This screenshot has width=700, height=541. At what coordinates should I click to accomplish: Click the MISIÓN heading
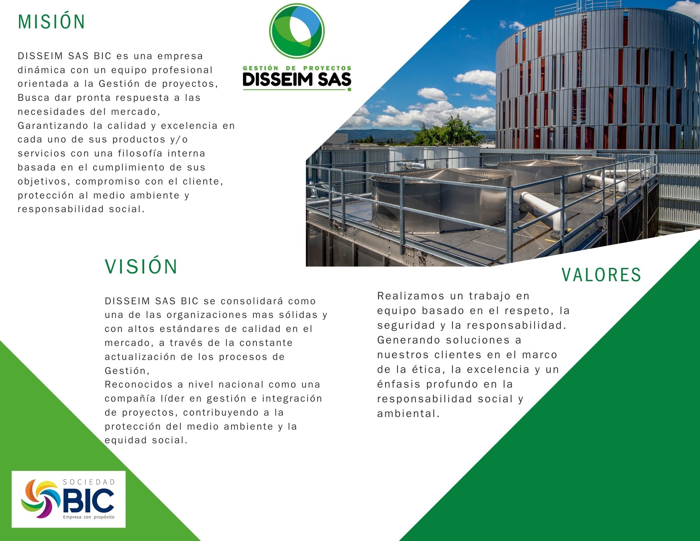pyautogui.click(x=51, y=21)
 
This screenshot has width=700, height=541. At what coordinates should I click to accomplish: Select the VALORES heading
pyautogui.click(x=601, y=275)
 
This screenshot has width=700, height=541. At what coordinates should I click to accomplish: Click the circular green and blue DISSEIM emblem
pyautogui.click(x=297, y=31)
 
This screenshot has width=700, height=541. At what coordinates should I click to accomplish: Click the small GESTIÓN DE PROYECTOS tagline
pyautogui.click(x=297, y=68)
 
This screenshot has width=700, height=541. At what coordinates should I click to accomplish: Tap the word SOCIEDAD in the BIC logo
pyautogui.click(x=89, y=482)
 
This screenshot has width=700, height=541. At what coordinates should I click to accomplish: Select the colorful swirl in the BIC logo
pyautogui.click(x=41, y=499)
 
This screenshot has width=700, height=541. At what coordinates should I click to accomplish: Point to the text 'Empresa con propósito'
pyautogui.click(x=89, y=517)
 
